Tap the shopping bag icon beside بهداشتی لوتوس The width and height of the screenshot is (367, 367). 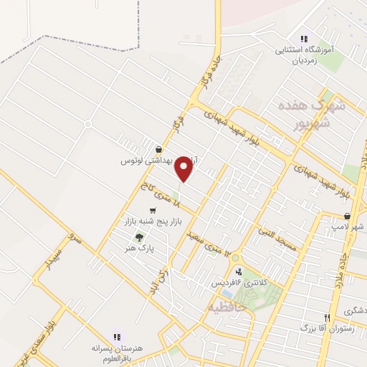pyautogui.click(x=158, y=149)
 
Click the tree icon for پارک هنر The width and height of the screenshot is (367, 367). pyautogui.click(x=139, y=237)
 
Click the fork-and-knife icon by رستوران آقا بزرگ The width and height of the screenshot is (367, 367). pyautogui.click(x=327, y=318)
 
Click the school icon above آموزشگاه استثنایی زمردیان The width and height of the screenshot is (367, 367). pyautogui.click(x=303, y=39)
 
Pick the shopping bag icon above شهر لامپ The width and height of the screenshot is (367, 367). pyautogui.click(x=347, y=216)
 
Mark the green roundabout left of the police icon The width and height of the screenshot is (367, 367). pyautogui.click(x=234, y=258)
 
